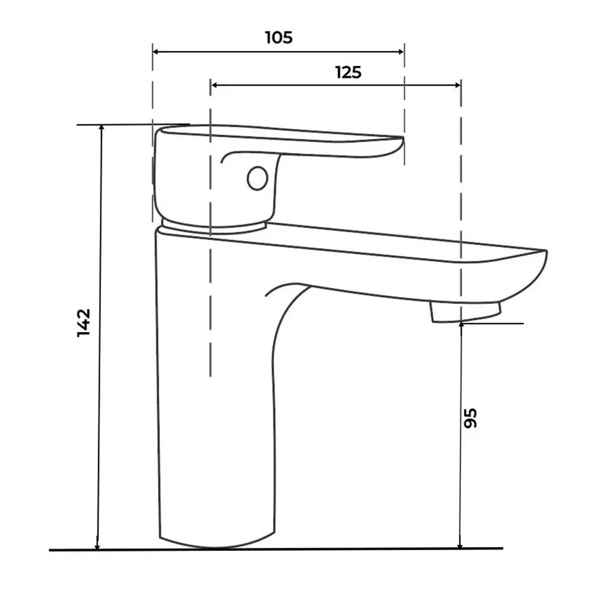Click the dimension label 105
pyautogui.click(x=279, y=37)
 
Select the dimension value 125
pyautogui.click(x=349, y=72)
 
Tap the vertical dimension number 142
pyautogui.click(x=84, y=323)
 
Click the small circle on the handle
pyautogui.click(x=258, y=178)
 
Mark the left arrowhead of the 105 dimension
pyautogui.click(x=155, y=52)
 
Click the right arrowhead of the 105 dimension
pyautogui.click(x=402, y=52)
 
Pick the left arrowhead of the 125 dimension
pyautogui.click(x=214, y=85)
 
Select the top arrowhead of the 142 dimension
pyautogui.click(x=101, y=128)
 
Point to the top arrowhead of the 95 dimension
pyautogui.click(x=461, y=327)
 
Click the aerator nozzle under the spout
pyautogui.click(x=466, y=312)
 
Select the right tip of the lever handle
pyautogui.click(x=402, y=142)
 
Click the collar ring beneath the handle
pyautogui.click(x=213, y=226)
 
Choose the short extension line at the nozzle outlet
pyautogui.click(x=492, y=324)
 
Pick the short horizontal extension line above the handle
pyautogui.click(x=133, y=124)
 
